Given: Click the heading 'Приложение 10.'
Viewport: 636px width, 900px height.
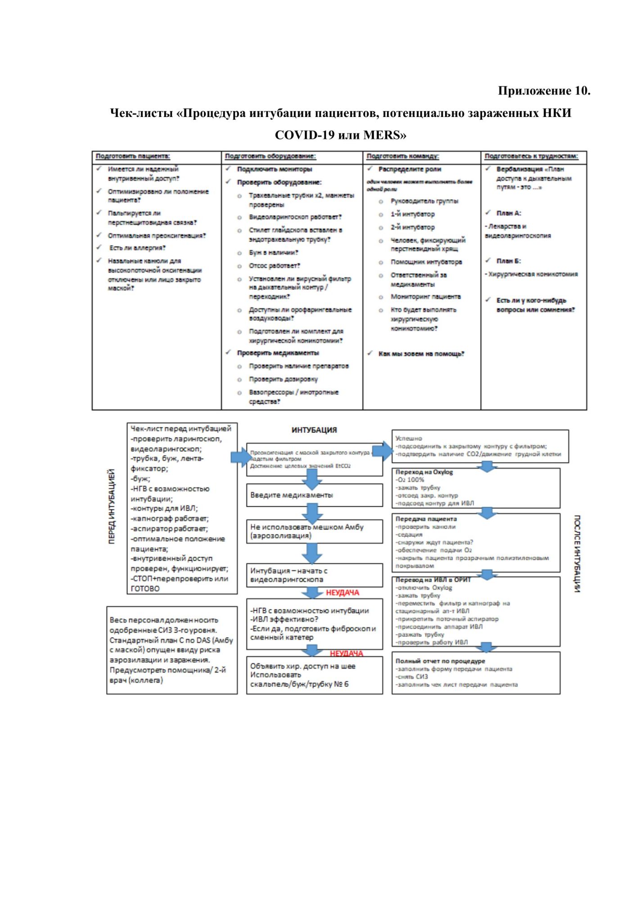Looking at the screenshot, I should [x=544, y=91].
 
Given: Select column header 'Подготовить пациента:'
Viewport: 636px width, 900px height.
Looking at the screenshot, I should [x=133, y=156].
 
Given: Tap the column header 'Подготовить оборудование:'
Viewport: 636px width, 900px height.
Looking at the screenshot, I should [x=270, y=156].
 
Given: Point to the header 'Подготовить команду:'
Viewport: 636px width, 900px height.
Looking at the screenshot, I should [x=402, y=156].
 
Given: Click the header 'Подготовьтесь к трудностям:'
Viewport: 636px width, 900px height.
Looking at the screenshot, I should [x=531, y=156].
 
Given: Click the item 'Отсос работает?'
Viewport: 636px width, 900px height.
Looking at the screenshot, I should [x=274, y=266].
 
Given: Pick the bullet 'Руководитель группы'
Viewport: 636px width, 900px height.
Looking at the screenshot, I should [x=424, y=201].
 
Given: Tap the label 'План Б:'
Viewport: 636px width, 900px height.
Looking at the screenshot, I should [x=509, y=261].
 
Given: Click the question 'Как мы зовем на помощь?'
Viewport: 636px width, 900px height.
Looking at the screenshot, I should [x=421, y=354].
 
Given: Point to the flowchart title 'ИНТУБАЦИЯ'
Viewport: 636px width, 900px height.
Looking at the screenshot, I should [x=314, y=430].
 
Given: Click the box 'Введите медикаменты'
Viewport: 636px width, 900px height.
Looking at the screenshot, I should [x=292, y=495].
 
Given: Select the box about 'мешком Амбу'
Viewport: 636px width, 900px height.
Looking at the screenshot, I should [x=307, y=531].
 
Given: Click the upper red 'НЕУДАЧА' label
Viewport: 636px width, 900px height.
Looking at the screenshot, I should [x=343, y=593].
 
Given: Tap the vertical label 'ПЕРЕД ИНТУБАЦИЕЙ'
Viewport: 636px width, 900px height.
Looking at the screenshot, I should [x=111, y=506].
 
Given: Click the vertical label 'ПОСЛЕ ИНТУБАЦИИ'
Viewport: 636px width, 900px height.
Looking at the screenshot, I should [x=577, y=553].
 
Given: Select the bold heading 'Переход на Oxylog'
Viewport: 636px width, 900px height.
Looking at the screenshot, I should [x=424, y=472].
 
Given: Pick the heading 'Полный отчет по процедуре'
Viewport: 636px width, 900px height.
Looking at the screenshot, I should [x=440, y=661].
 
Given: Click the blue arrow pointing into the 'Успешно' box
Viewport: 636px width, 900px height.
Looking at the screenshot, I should [x=383, y=451].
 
